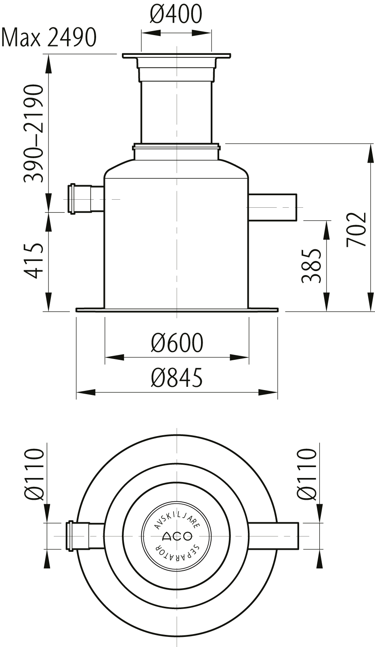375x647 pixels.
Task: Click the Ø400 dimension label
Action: click(176, 14)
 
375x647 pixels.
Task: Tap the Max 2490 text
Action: click(48, 38)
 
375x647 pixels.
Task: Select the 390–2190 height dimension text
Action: click(34, 133)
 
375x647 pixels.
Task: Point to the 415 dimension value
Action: click(34, 261)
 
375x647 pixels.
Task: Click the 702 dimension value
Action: click(356, 230)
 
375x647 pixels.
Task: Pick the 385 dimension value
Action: click(311, 265)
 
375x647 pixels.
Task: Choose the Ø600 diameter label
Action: click(177, 343)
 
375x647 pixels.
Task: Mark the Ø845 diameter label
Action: click(177, 378)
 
